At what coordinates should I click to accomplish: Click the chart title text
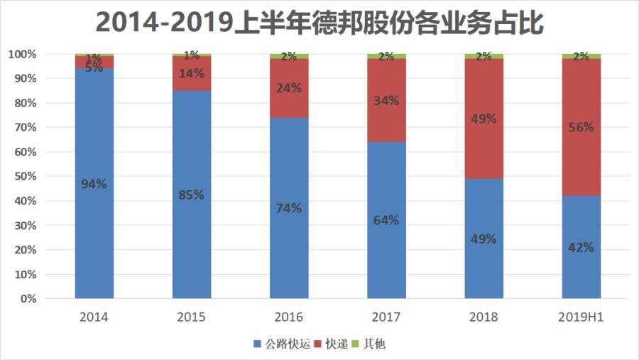pos(319,23)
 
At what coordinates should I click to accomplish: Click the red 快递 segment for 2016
pos(289,107)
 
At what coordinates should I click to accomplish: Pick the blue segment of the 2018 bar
pos(484,263)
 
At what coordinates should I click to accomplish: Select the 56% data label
pos(581,128)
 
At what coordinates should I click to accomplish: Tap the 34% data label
pos(386,101)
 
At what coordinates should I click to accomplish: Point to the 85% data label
pos(191,195)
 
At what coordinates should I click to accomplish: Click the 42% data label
pos(581,247)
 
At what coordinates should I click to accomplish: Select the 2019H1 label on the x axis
pos(581,317)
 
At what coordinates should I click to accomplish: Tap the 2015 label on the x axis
pos(192,317)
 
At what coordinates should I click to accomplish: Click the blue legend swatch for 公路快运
pos(257,344)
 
